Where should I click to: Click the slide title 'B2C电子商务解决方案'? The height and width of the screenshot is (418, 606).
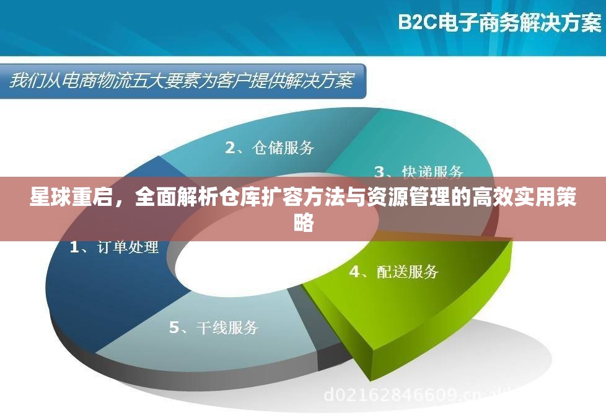tap(499, 23)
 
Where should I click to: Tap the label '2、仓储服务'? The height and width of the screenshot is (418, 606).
tap(270, 148)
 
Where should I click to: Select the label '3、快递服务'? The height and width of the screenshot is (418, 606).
tap(419, 171)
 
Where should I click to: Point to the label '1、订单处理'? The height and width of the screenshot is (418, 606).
tap(114, 247)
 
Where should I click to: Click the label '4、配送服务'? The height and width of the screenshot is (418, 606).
tap(394, 271)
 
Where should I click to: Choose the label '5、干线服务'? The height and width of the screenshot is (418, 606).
tap(214, 327)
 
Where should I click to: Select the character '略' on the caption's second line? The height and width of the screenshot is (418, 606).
tap(304, 223)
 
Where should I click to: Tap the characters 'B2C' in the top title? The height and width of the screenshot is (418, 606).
tap(418, 23)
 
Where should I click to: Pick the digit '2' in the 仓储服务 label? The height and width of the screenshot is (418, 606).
tap(231, 148)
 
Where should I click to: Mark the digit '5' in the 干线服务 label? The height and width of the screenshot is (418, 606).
tap(175, 327)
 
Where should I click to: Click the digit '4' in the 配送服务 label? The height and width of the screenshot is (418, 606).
tap(354, 271)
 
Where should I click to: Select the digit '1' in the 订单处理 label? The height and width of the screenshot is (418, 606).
tap(74, 247)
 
